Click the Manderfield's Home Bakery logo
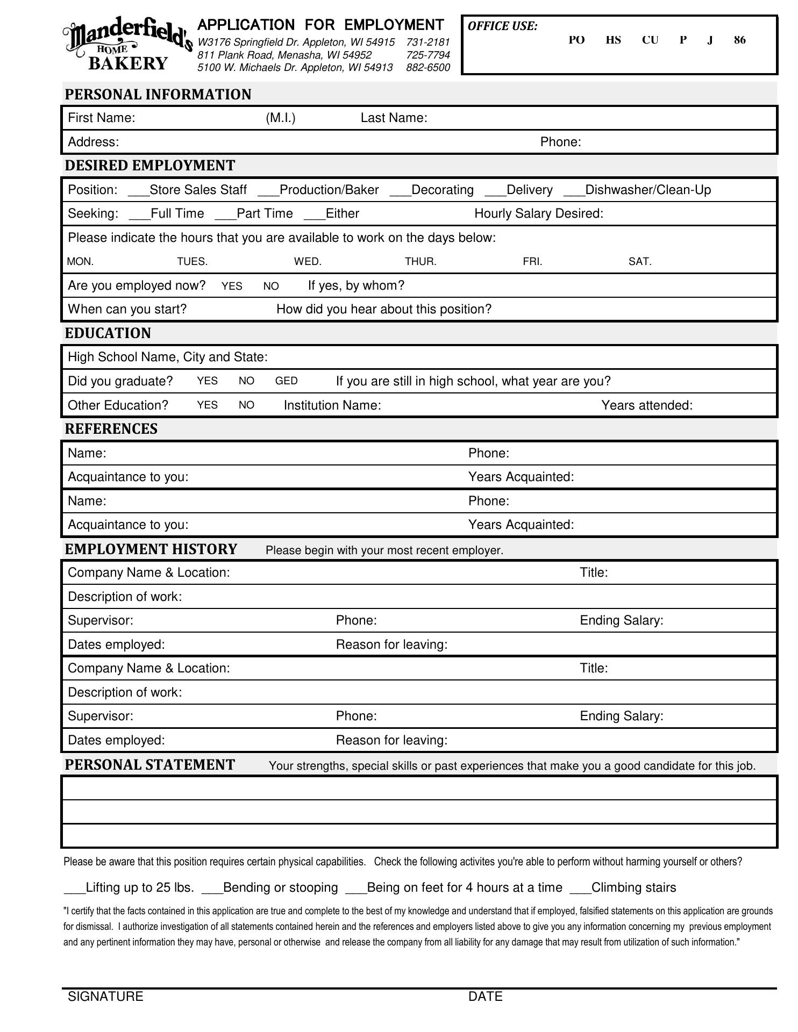(127, 45)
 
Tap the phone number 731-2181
(428, 42)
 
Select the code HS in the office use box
(613, 40)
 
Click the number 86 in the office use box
(739, 40)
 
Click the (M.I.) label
(280, 118)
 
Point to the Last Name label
(394, 118)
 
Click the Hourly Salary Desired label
(538, 214)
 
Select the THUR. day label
(421, 262)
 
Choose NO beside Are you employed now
(271, 286)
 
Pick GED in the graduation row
(286, 381)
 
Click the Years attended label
(646, 405)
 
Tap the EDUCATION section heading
(108, 333)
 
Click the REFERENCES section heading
(111, 429)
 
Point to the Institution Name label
(332, 405)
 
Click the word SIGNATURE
(105, 997)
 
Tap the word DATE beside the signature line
(485, 997)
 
